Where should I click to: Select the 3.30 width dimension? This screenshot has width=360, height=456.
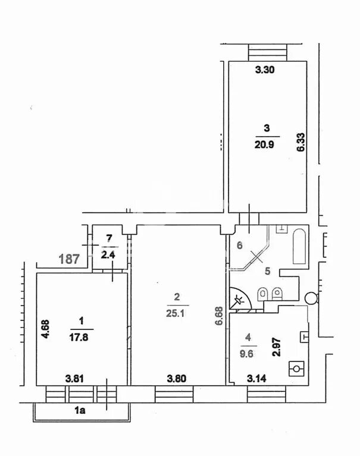[x=264, y=70]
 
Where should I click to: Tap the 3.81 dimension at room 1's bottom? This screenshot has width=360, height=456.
[x=76, y=378]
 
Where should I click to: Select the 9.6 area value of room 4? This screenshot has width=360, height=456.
[x=248, y=351]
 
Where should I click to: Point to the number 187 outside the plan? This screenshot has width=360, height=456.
[x=70, y=259]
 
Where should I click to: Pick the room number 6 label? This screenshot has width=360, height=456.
[x=239, y=244]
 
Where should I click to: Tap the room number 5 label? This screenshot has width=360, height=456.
[x=267, y=271]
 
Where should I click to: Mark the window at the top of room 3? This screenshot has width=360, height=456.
[x=267, y=51]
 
